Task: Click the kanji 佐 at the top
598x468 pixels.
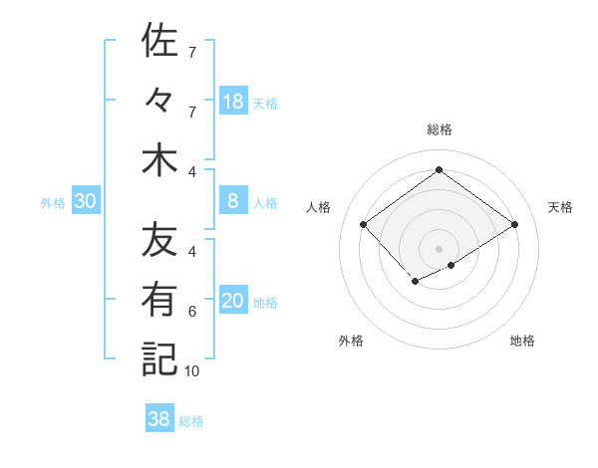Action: pyautogui.click(x=159, y=41)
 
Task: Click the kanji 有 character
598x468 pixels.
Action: pyautogui.click(x=159, y=300)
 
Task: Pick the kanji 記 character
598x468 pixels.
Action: pyautogui.click(x=159, y=359)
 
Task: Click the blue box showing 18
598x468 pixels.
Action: pyautogui.click(x=233, y=102)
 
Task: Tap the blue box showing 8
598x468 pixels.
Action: pyautogui.click(x=233, y=202)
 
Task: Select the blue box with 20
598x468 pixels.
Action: pyautogui.click(x=233, y=302)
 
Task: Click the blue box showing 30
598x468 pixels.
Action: pyautogui.click(x=86, y=202)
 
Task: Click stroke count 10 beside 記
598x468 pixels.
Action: pyautogui.click(x=192, y=371)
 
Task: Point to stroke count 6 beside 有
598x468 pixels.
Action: pyautogui.click(x=192, y=312)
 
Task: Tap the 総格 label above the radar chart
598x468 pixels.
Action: pyautogui.click(x=439, y=129)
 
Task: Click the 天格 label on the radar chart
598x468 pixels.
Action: pyautogui.click(x=561, y=207)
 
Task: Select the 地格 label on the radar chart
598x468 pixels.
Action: pyautogui.click(x=522, y=341)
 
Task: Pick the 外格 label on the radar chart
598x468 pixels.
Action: pyautogui.click(x=351, y=341)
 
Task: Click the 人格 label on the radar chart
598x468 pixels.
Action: pyautogui.click(x=319, y=207)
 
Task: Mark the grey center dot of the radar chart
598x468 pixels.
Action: pyautogui.click(x=439, y=247)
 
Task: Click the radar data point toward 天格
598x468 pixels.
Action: pyautogui.click(x=514, y=225)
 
